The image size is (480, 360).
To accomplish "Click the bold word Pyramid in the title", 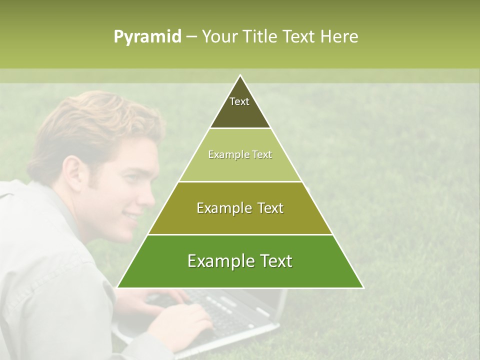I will click(x=147, y=37).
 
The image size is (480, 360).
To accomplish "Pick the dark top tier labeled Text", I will click(x=239, y=107).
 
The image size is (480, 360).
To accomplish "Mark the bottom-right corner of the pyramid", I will click(x=362, y=287).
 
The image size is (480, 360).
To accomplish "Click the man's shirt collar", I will click(x=30, y=200).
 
